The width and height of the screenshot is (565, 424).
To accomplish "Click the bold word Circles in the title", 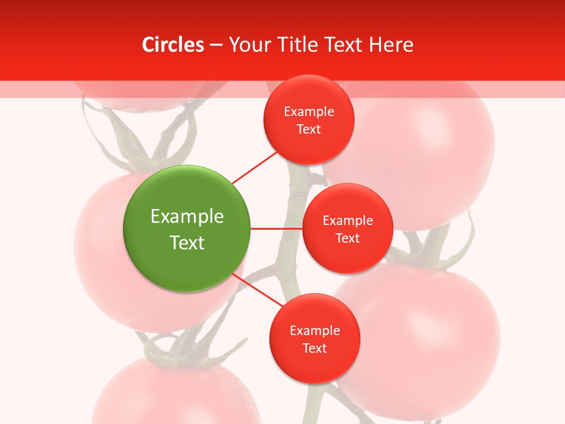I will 173,45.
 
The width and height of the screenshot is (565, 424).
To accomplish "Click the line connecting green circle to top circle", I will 255,167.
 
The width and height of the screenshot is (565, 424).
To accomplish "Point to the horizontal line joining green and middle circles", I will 277,228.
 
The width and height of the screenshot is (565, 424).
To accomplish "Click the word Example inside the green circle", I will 187,216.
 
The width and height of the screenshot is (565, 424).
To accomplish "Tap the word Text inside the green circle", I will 187,243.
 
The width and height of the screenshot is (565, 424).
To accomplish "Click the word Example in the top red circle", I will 309,111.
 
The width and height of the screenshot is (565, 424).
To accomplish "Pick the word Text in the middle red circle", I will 347,238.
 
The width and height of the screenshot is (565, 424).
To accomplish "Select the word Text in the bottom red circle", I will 314,348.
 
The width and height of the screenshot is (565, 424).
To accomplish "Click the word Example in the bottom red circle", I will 314,330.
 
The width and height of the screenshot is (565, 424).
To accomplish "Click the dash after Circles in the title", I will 216,45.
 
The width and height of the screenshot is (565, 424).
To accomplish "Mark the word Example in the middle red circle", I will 347,220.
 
